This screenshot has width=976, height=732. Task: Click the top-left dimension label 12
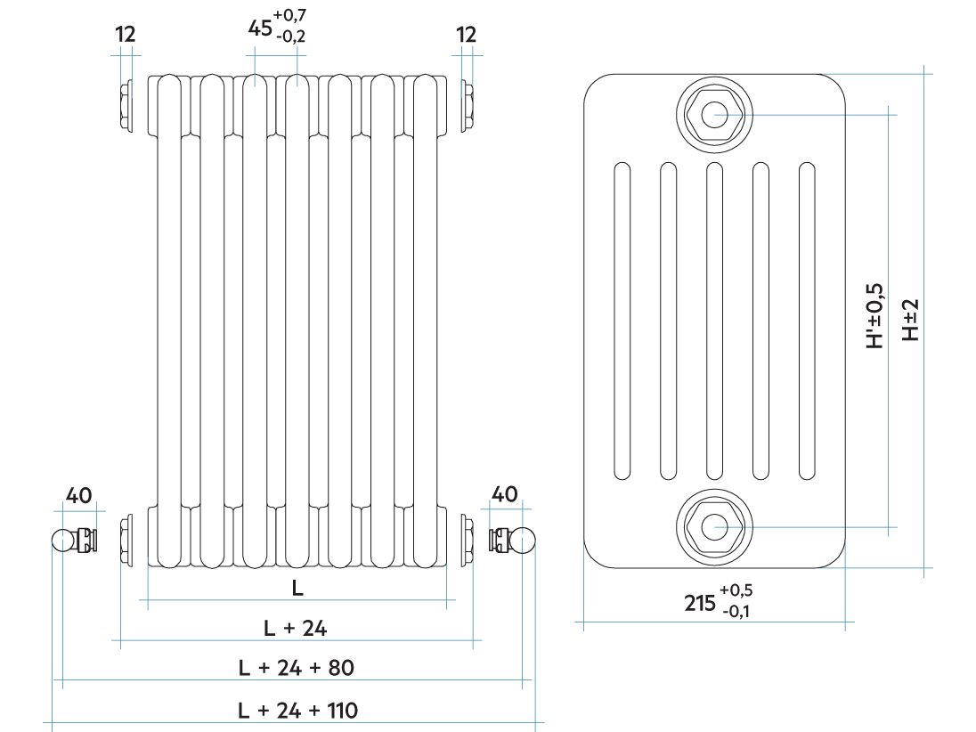(125, 34)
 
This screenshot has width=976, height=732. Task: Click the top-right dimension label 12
(466, 34)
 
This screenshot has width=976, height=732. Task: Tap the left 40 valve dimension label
(79, 495)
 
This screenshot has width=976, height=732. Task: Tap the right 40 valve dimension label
(504, 494)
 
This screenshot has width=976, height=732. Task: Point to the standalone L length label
(297, 588)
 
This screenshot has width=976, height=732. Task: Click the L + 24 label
(295, 628)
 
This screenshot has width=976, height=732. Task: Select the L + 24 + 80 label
(297, 668)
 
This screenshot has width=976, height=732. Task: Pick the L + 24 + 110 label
(297, 711)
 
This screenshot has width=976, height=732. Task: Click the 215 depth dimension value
(700, 603)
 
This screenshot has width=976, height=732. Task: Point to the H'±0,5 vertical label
(875, 315)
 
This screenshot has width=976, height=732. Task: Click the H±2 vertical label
(911, 320)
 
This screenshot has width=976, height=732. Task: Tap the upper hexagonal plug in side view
(714, 115)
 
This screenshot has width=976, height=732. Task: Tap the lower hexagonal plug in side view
(714, 527)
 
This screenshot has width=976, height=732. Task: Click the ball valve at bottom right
(512, 540)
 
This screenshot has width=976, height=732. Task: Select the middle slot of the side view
(714, 321)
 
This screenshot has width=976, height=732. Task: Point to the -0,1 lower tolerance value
(736, 611)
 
